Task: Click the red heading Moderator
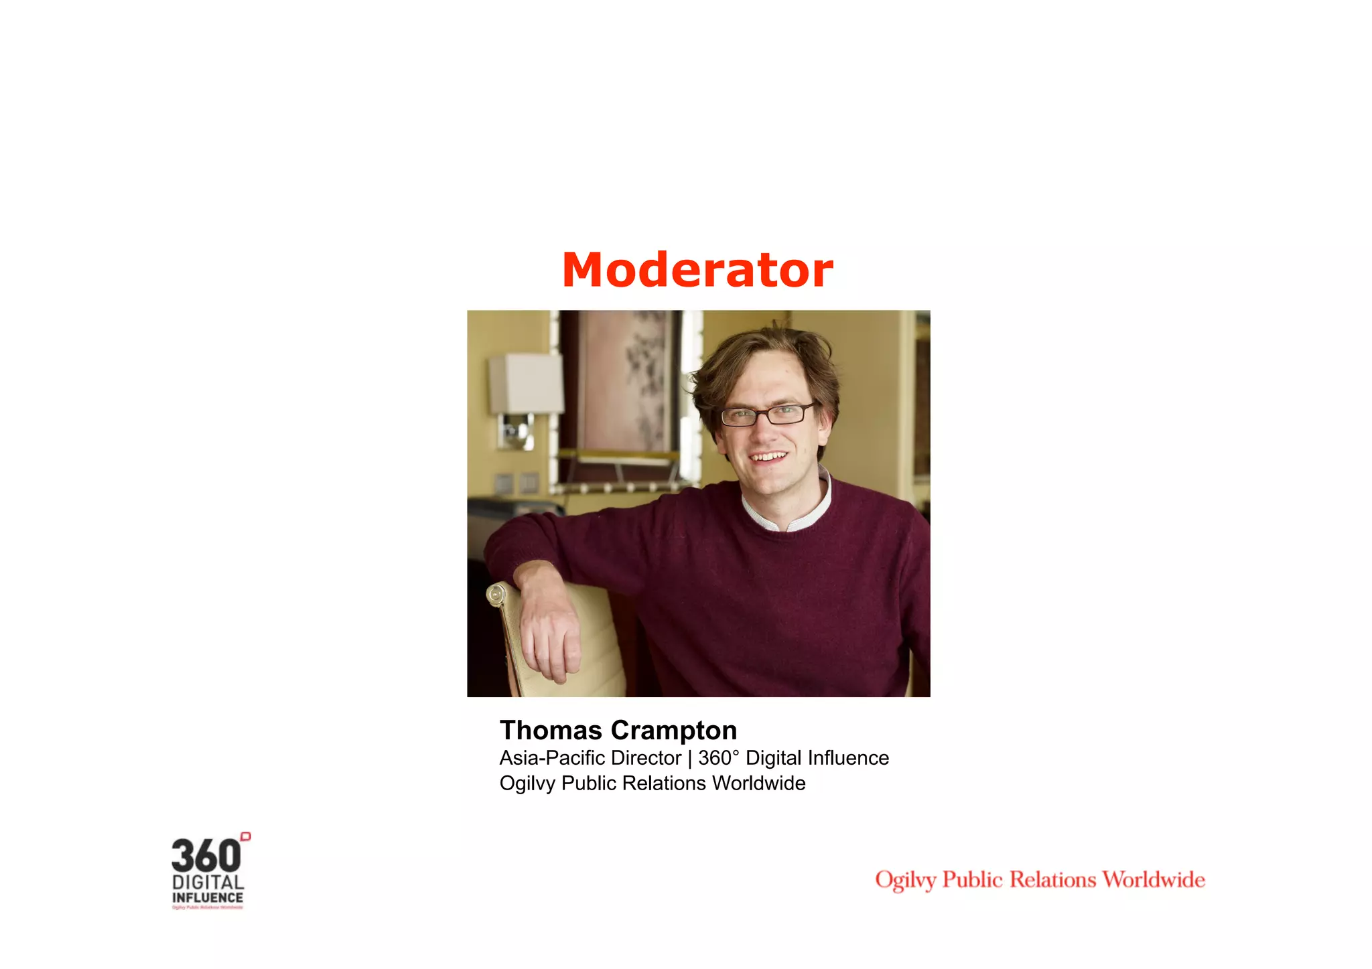pyautogui.click(x=697, y=270)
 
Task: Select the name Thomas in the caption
pyautogui.click(x=551, y=730)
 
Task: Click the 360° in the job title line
pyautogui.click(x=718, y=757)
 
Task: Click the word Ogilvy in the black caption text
pyautogui.click(x=527, y=784)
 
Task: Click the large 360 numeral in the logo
pyautogui.click(x=206, y=856)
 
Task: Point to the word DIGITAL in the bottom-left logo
pyautogui.click(x=208, y=882)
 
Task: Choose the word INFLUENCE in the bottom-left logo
pyautogui.click(x=208, y=897)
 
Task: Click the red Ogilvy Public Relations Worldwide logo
pyautogui.click(x=1040, y=879)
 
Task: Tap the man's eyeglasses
pyautogui.click(x=767, y=415)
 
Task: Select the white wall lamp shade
pyautogui.click(x=525, y=384)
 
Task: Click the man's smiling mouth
pyautogui.click(x=768, y=457)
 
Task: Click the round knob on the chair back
pyautogui.click(x=496, y=593)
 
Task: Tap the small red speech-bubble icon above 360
pyautogui.click(x=246, y=836)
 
